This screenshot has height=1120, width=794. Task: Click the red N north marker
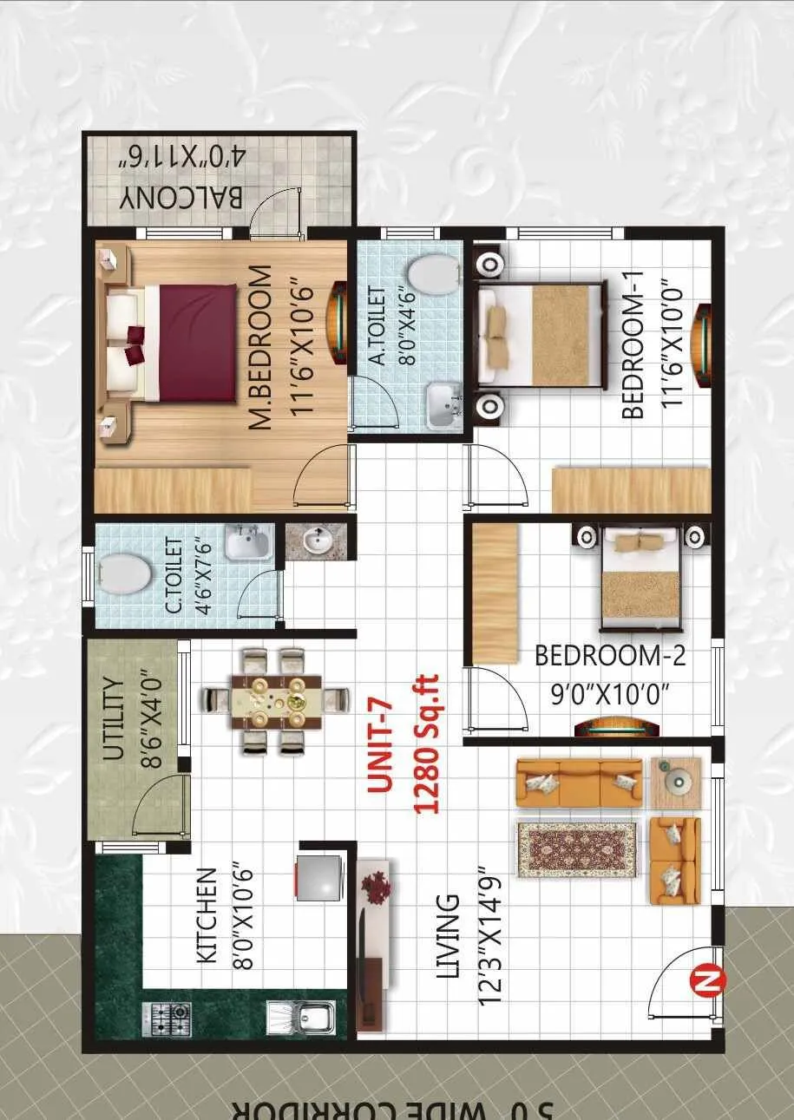pyautogui.click(x=706, y=981)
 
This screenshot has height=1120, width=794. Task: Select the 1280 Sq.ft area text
pyautogui.click(x=426, y=745)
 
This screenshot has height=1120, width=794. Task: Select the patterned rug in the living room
pyautogui.click(x=577, y=849)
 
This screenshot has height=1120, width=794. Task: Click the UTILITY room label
pyautogui.click(x=114, y=719)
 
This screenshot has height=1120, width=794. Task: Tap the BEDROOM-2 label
pyautogui.click(x=610, y=656)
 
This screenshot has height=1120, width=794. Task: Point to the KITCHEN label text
pyautogui.click(x=207, y=915)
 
